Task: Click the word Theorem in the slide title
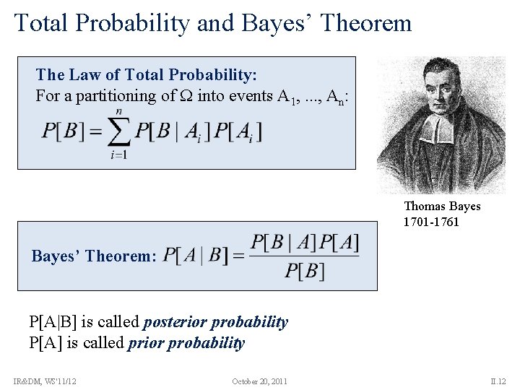tap(368, 24)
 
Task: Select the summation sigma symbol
tap(118, 133)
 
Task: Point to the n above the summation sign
tap(118, 110)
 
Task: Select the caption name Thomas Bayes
tap(442, 207)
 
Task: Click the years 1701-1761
tap(431, 222)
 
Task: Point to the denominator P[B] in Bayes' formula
tap(304, 271)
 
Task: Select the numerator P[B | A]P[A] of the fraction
tap(304, 243)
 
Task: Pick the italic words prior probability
tap(186, 343)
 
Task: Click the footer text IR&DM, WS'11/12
tap(45, 381)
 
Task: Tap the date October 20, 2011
tap(260, 381)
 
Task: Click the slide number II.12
tap(498, 381)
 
